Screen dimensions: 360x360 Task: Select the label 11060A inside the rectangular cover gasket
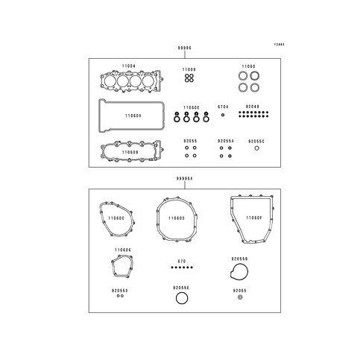pyautogui.click(x=133, y=116)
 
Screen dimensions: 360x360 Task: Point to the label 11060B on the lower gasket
pyautogui.click(x=131, y=151)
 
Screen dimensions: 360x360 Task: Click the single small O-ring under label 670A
pyautogui.click(x=223, y=116)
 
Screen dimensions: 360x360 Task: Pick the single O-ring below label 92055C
pyautogui.click(x=257, y=148)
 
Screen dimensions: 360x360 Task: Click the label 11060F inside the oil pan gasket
pyautogui.click(x=254, y=218)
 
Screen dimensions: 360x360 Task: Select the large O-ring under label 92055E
pyautogui.click(x=180, y=299)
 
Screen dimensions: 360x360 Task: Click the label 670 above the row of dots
pyautogui.click(x=180, y=261)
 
